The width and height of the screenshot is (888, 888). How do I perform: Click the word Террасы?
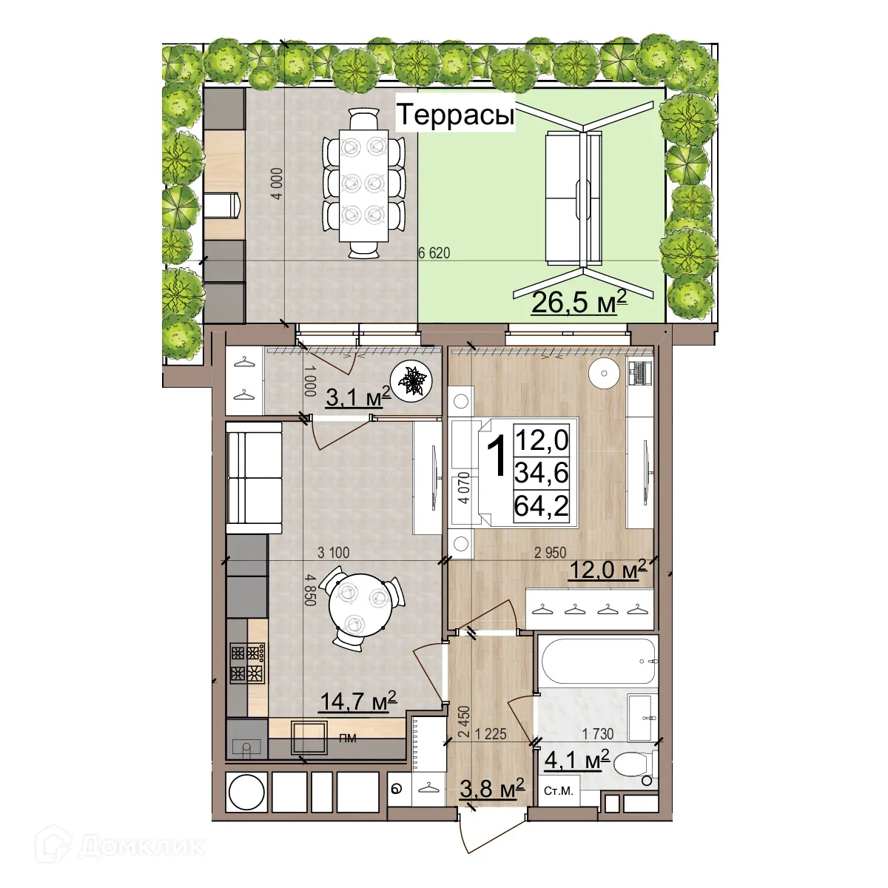tap(455, 116)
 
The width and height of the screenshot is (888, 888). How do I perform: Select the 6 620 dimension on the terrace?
tap(434, 253)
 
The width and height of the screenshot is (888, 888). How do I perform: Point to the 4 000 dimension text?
tap(277, 184)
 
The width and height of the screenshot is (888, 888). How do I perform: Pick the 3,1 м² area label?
tap(357, 398)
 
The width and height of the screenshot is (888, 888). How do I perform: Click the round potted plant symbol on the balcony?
tap(413, 382)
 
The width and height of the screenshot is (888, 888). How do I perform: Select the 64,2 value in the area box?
tap(542, 506)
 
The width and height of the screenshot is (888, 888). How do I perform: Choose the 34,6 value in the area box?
tap(542, 473)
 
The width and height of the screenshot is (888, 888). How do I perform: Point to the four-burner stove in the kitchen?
tap(248, 662)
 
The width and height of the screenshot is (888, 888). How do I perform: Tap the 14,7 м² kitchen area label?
tap(357, 700)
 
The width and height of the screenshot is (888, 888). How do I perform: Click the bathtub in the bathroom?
tap(596, 661)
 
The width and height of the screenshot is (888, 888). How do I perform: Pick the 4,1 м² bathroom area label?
tap(576, 759)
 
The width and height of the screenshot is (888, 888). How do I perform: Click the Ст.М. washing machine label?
tap(559, 791)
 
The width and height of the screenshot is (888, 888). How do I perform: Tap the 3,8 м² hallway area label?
tap(491, 789)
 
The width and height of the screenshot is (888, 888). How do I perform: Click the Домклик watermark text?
tap(141, 846)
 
